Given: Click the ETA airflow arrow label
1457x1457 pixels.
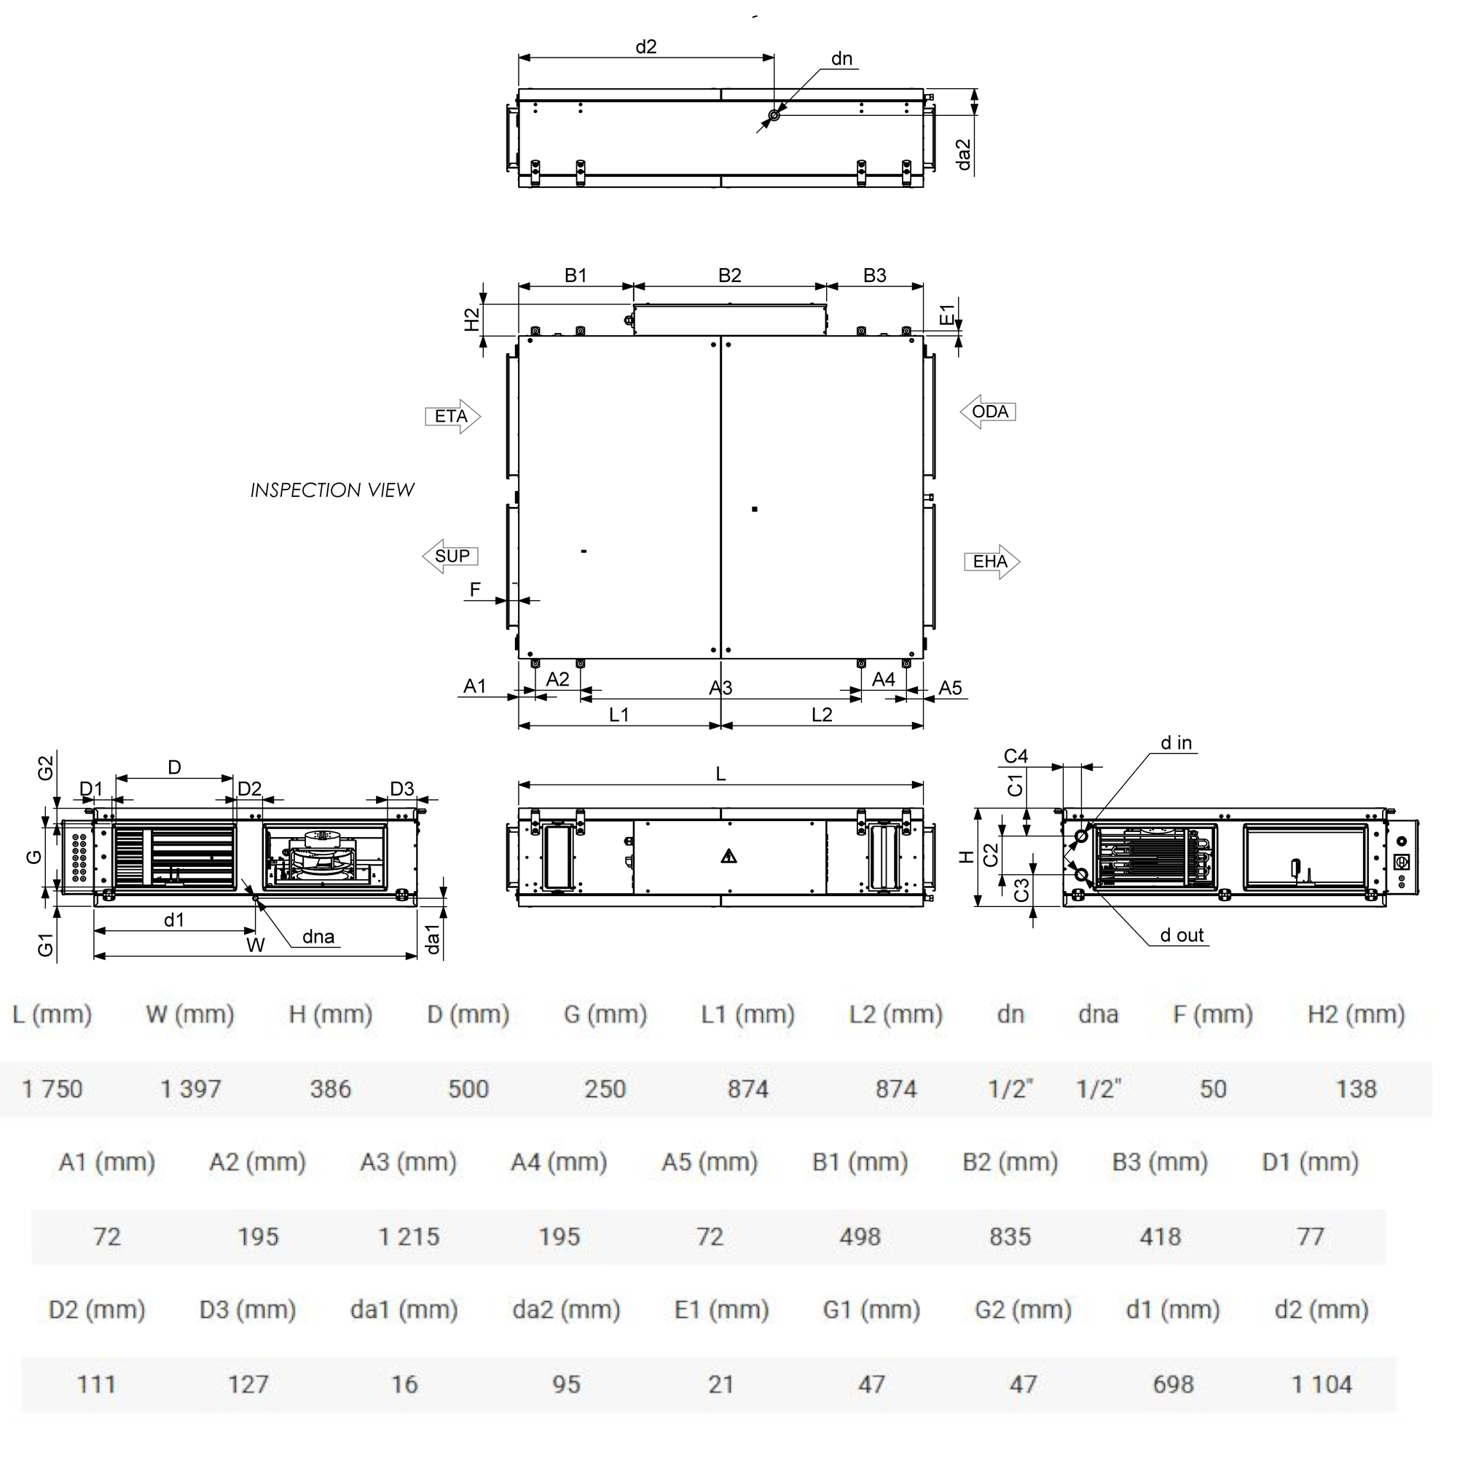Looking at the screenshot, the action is pyautogui.click(x=452, y=417).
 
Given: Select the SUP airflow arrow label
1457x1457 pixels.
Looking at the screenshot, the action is pyautogui.click(x=451, y=557).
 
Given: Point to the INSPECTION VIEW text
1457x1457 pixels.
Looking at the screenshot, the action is pyautogui.click(x=333, y=490).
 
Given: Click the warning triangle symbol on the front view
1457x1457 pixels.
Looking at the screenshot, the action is pyautogui.click(x=728, y=856).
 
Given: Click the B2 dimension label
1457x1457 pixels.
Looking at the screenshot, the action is pyautogui.click(x=729, y=275).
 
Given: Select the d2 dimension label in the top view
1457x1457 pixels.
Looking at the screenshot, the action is pyautogui.click(x=645, y=47).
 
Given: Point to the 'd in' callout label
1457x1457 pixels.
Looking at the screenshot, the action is pyautogui.click(x=1176, y=743).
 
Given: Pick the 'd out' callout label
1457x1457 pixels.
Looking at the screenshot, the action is pyautogui.click(x=1182, y=935).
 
